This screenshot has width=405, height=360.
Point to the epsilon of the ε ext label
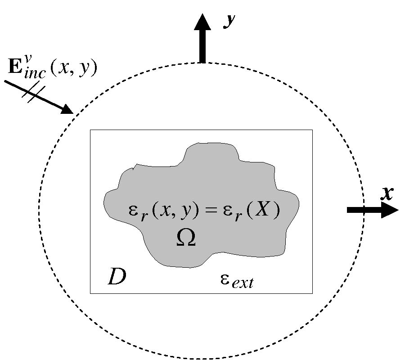click(226, 279)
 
